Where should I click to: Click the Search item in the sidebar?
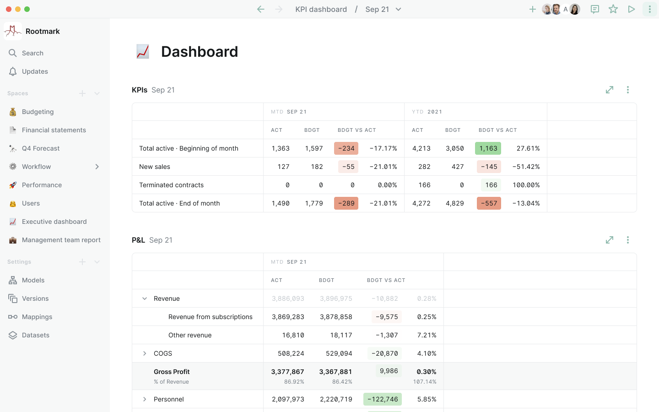click(x=32, y=53)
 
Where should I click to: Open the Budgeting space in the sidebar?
click(x=38, y=112)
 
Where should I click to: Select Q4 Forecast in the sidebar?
click(x=40, y=148)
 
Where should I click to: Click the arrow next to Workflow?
click(x=97, y=167)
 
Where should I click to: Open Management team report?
click(x=61, y=240)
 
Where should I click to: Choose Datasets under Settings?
click(x=35, y=335)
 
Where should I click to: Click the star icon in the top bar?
click(x=613, y=9)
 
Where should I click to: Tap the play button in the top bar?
click(x=632, y=9)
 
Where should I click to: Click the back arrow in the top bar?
click(x=261, y=9)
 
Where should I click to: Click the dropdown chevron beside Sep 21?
click(x=399, y=9)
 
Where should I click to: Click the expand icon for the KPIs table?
click(x=610, y=90)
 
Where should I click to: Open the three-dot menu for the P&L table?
click(x=628, y=240)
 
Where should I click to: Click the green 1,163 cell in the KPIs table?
click(x=488, y=148)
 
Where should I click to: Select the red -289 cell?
click(x=346, y=203)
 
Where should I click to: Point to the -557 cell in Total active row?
click(x=489, y=203)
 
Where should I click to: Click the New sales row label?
click(x=155, y=167)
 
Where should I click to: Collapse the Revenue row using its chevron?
click(x=145, y=298)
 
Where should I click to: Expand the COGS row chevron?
click(x=145, y=353)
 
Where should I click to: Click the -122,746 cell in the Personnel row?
click(x=383, y=399)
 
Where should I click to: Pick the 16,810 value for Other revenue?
click(x=293, y=335)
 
